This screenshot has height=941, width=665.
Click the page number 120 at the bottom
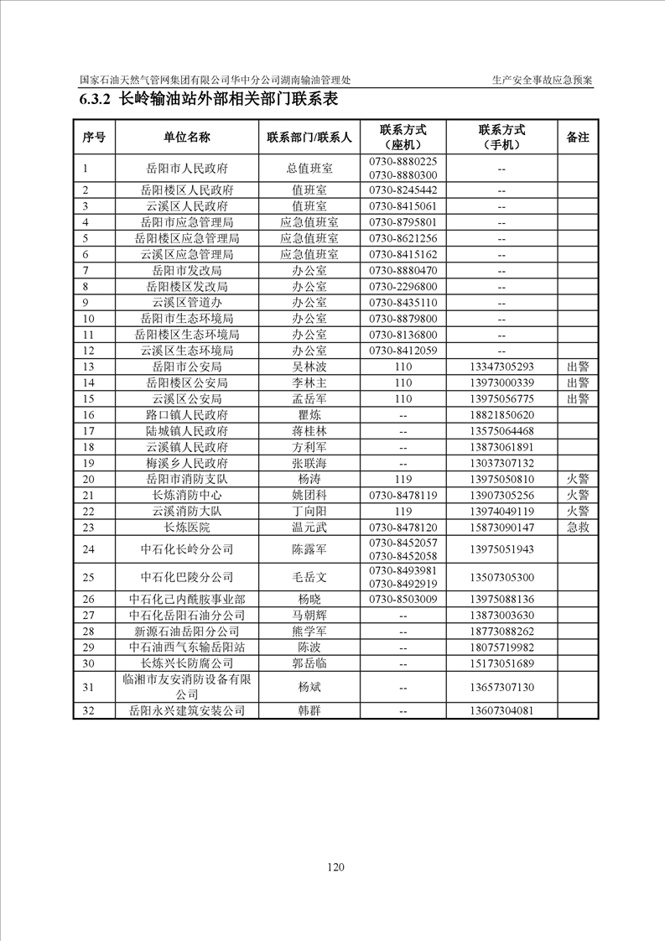point(335,867)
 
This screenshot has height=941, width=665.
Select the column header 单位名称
point(187,137)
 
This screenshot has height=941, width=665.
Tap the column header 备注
point(578,137)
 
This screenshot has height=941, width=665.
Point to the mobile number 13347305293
point(501,367)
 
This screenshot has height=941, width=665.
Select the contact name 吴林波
point(309,367)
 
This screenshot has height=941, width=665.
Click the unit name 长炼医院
point(187,528)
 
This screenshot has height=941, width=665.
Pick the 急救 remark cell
point(578,528)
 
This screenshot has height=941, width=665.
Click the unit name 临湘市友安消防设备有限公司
point(187,688)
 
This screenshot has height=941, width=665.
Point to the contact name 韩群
point(309,710)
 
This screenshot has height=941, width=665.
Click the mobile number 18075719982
point(501,647)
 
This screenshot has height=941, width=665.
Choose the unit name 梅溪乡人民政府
point(187,463)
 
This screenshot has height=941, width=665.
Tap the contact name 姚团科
point(309,495)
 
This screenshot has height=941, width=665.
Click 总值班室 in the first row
point(309,169)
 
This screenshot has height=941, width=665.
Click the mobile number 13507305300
point(501,577)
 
